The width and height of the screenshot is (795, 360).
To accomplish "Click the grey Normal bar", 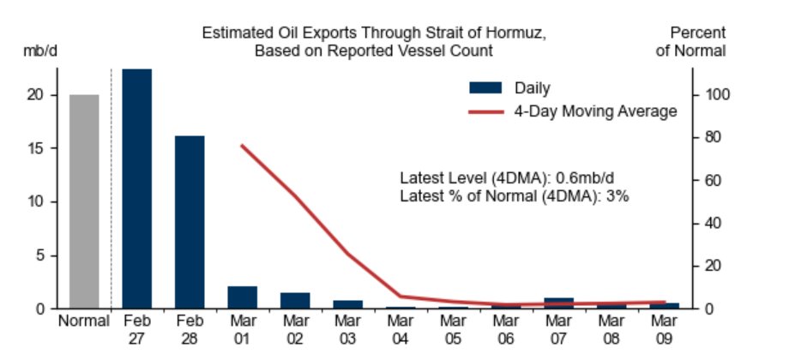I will pyautogui.click(x=84, y=201).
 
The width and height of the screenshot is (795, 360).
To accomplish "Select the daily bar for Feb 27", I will pyautogui.click(x=137, y=189).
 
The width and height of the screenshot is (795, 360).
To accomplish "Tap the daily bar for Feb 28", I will pyautogui.click(x=190, y=221).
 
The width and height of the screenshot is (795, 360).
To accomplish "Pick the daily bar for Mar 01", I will pyautogui.click(x=243, y=297).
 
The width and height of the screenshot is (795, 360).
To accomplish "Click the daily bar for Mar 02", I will pyautogui.click(x=295, y=301).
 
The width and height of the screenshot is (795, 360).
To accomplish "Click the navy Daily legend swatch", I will pyautogui.click(x=485, y=87).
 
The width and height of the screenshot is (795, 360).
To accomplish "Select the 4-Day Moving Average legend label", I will pyautogui.click(x=595, y=111).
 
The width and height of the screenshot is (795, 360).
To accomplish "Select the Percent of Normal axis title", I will pyautogui.click(x=691, y=42).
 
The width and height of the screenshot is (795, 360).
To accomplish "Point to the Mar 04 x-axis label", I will pyautogui.click(x=401, y=330).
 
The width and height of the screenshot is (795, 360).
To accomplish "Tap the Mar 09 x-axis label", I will pyautogui.click(x=665, y=330).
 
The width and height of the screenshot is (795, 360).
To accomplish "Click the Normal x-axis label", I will pyautogui.click(x=84, y=322).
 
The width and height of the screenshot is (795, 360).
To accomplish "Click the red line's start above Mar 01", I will pyautogui.click(x=243, y=146).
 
